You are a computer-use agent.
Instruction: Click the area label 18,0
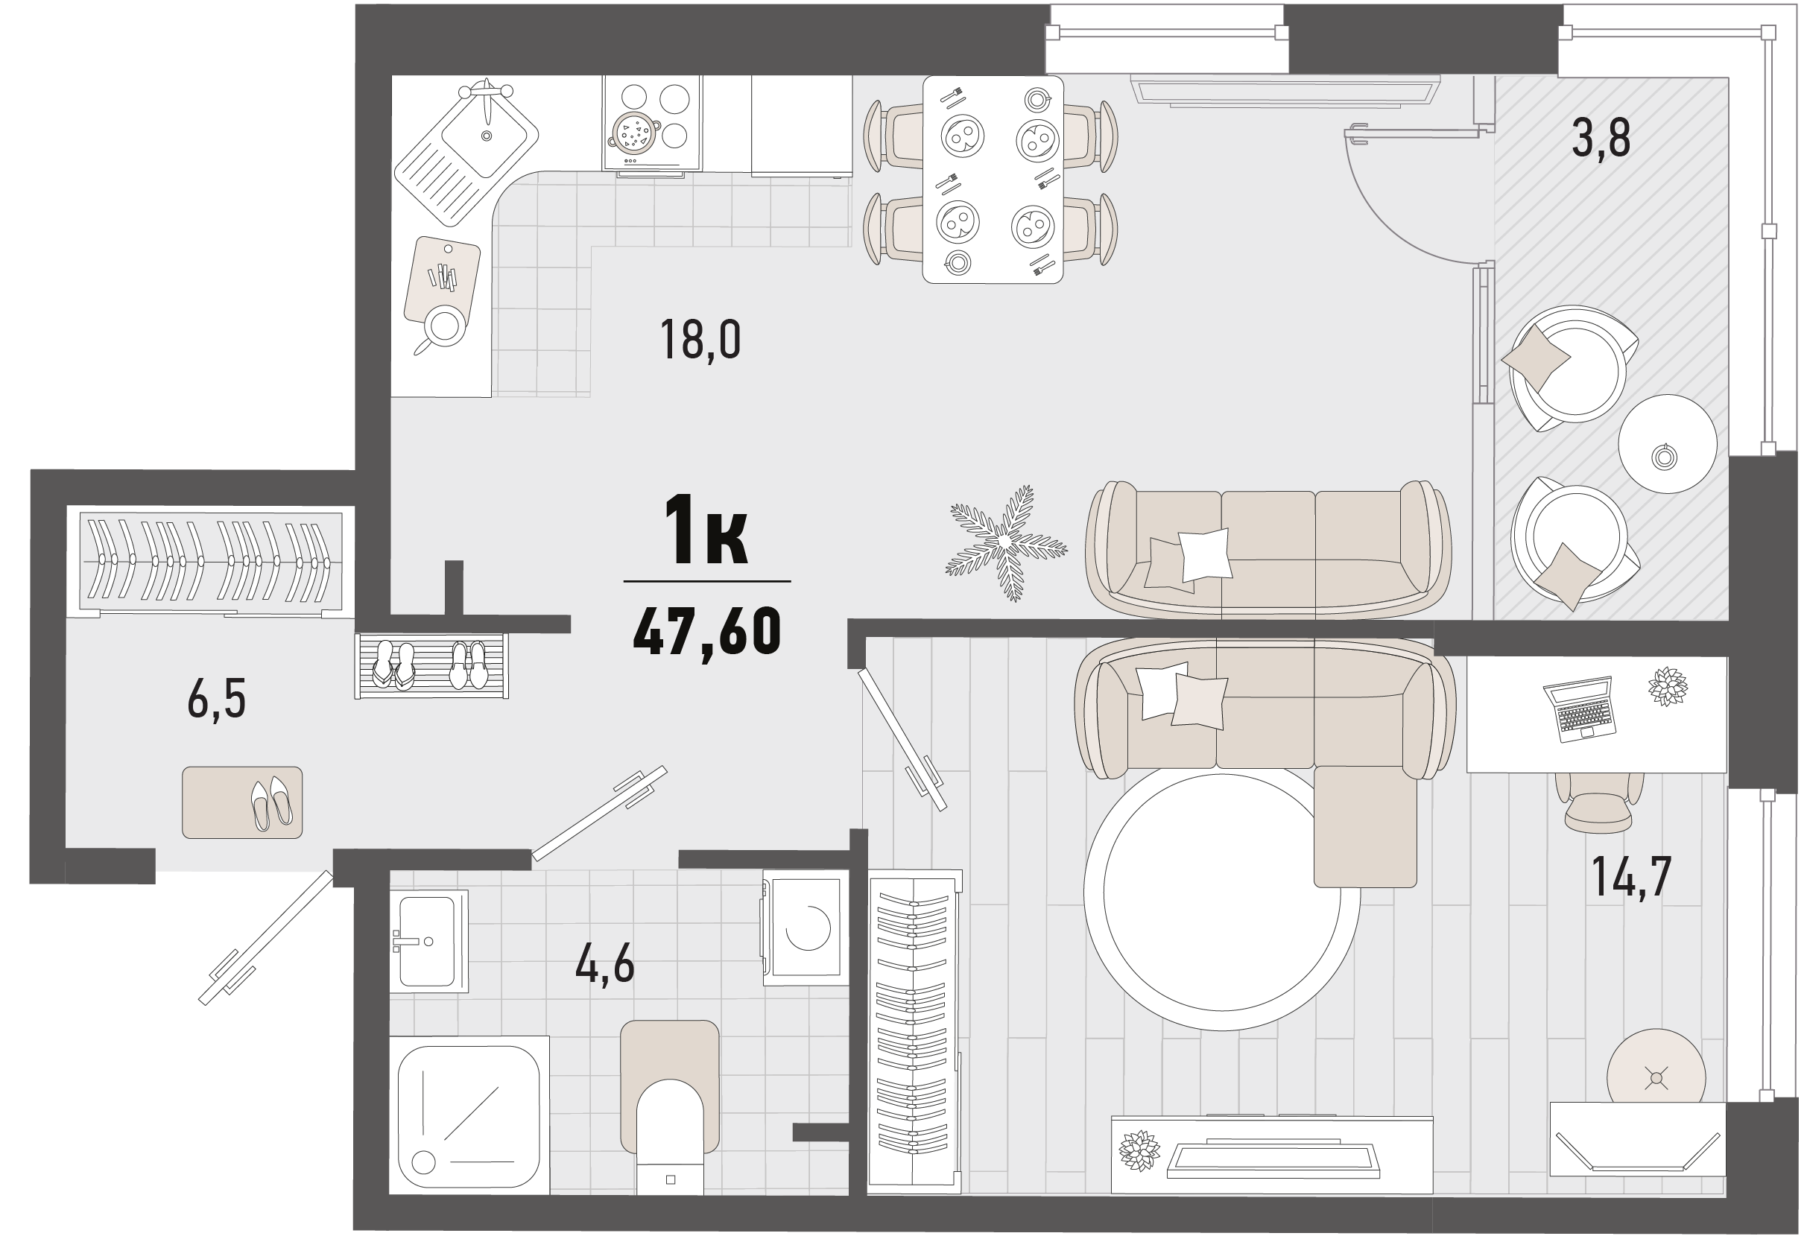pyautogui.click(x=700, y=340)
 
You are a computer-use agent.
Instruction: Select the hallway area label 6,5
pyautogui.click(x=216, y=698)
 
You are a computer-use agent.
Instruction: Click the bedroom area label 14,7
pyautogui.click(x=1631, y=876)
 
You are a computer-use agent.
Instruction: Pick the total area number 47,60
pyautogui.click(x=707, y=631)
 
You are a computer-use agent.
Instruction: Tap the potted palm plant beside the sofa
pyautogui.click(x=1005, y=542)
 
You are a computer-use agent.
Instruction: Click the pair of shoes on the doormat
pyautogui.click(x=271, y=804)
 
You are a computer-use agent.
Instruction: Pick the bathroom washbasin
pyautogui.click(x=428, y=942)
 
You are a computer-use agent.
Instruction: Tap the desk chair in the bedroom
pyautogui.click(x=1598, y=802)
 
